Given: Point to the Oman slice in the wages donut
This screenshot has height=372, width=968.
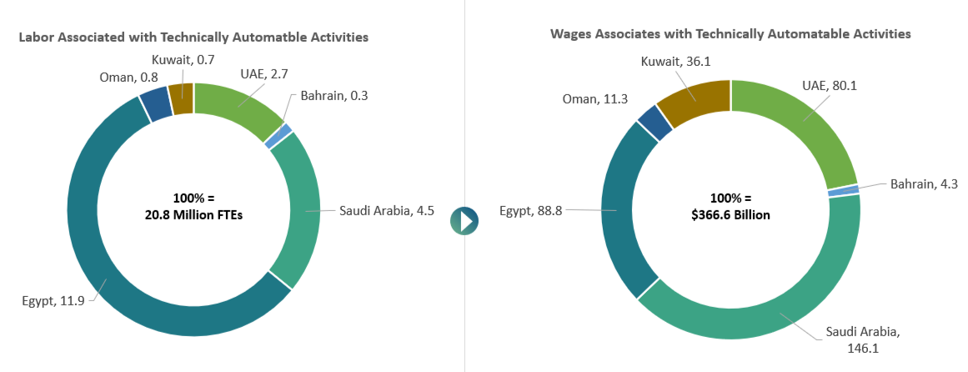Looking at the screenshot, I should pyautogui.click(x=654, y=123).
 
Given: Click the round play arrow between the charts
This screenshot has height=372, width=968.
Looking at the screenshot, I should pyautogui.click(x=464, y=220).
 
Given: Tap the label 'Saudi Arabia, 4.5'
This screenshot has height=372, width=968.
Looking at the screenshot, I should pyautogui.click(x=386, y=210).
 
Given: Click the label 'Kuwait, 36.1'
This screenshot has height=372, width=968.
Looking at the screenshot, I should pyautogui.click(x=675, y=61).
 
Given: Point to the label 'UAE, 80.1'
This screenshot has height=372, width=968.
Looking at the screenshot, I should pyautogui.click(x=834, y=84).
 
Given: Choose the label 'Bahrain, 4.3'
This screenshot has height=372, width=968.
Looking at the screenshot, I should pyautogui.click(x=924, y=183).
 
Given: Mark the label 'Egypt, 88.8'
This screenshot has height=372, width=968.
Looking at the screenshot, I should pyautogui.click(x=530, y=210).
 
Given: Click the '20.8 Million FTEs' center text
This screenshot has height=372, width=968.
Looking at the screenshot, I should pyautogui.click(x=193, y=214).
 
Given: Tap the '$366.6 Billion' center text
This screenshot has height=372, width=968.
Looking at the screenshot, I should pyautogui.click(x=730, y=214).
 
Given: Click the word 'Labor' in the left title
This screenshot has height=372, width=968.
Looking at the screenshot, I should pyautogui.click(x=37, y=38).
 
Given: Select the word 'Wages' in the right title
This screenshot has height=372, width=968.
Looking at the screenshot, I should pyautogui.click(x=569, y=34).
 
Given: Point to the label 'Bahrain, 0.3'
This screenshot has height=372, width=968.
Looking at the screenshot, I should pyautogui.click(x=334, y=95).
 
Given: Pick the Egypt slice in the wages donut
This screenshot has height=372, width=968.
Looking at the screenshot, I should pyautogui.click(x=617, y=217).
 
